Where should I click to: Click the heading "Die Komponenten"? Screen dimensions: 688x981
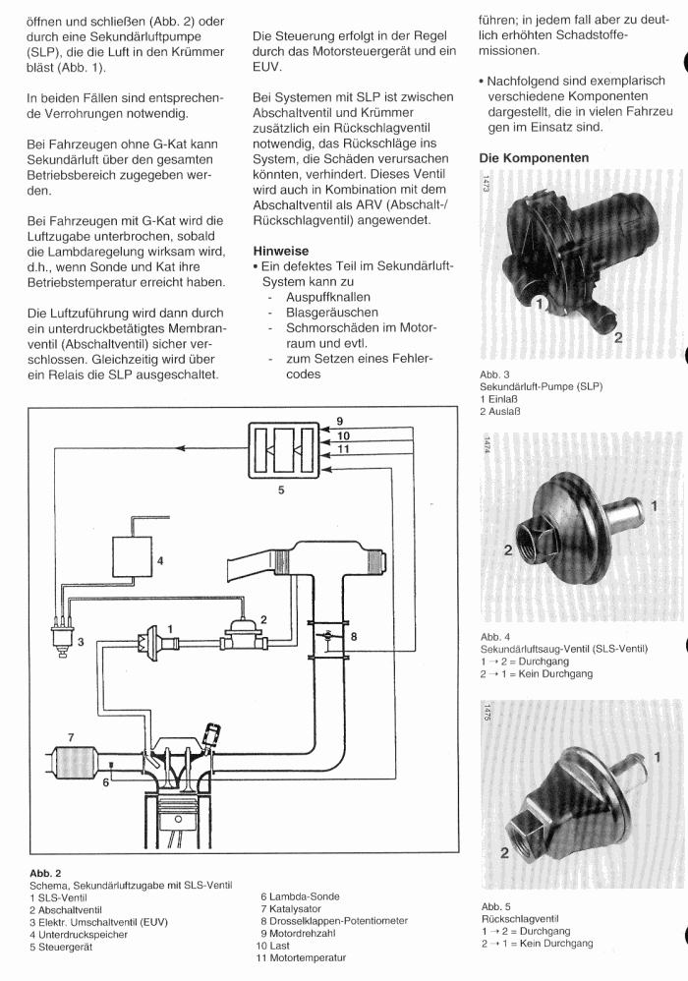pyautogui.click(x=534, y=158)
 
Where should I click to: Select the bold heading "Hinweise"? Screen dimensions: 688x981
pyautogui.click(x=281, y=251)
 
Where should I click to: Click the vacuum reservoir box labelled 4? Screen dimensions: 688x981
pyautogui.click(x=132, y=556)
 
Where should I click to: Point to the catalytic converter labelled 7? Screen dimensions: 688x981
pyautogui.click(x=78, y=763)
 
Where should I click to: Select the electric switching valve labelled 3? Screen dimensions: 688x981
pyautogui.click(x=62, y=640)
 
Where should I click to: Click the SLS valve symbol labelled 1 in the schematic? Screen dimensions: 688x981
pyautogui.click(x=152, y=642)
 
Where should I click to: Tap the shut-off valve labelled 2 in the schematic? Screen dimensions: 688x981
pyautogui.click(x=244, y=636)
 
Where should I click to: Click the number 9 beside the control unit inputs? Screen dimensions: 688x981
pyautogui.click(x=340, y=422)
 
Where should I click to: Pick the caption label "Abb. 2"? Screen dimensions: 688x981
pyautogui.click(x=45, y=874)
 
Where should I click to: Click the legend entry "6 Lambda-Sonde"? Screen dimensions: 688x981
pyautogui.click(x=300, y=896)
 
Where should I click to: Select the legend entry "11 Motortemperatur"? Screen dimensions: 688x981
pyautogui.click(x=301, y=957)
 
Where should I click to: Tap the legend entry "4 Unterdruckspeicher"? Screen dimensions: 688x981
pyautogui.click(x=79, y=935)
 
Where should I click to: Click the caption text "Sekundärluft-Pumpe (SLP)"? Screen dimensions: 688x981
pyautogui.click(x=541, y=386)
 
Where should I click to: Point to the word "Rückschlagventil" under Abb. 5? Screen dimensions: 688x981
pyautogui.click(x=520, y=919)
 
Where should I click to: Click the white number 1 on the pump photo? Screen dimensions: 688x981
pyautogui.click(x=541, y=304)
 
